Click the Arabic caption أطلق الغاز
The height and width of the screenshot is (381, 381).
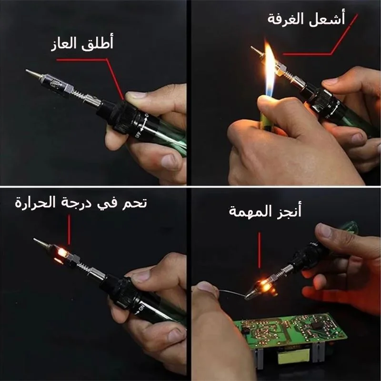pos(82,43)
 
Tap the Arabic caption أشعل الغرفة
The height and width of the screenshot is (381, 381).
pos(306,19)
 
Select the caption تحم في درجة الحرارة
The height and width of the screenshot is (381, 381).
pos(81,202)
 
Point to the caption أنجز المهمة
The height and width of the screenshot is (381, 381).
pos(265,211)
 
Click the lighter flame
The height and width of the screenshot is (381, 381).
pos(270,69)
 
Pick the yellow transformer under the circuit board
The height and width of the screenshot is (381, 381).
pos(294,356)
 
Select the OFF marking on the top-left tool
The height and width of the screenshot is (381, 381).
pos(138,134)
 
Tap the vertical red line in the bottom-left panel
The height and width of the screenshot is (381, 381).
pos(69,230)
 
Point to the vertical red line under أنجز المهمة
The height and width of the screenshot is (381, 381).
pos(259,250)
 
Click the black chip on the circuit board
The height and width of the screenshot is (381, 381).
pos(317,325)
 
